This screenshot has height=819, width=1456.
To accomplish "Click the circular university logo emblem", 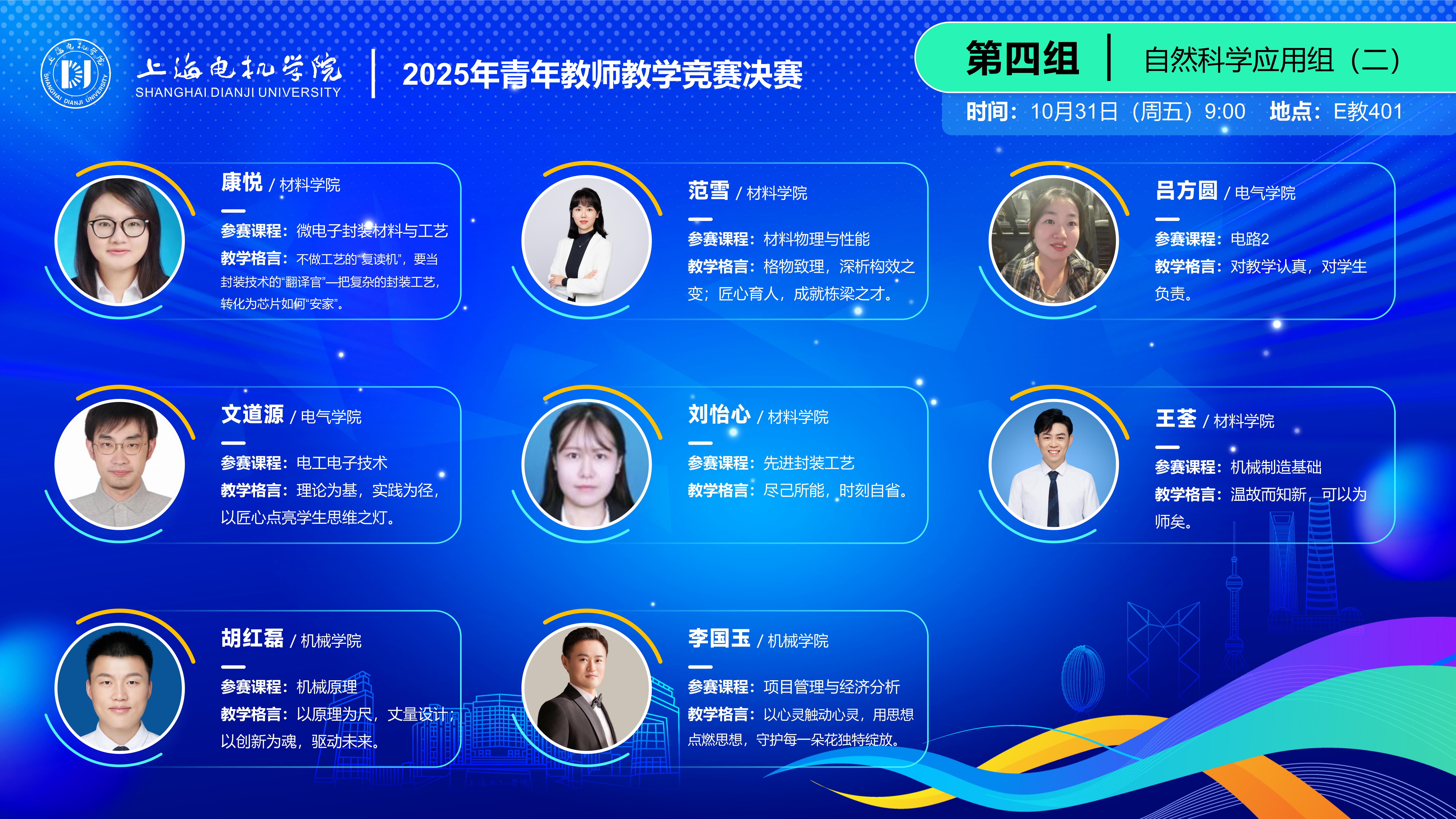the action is (76, 73).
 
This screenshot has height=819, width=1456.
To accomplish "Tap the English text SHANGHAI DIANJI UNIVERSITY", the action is (238, 92).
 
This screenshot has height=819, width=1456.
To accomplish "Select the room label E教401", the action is (1368, 111).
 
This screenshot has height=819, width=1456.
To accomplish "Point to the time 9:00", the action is (1225, 111).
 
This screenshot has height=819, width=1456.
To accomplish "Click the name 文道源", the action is (252, 414).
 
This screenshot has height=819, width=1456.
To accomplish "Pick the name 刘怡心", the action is (719, 414).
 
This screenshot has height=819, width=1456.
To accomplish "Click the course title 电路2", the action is (1250, 239).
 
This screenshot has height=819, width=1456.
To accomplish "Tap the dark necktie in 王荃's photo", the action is (1053, 497).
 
